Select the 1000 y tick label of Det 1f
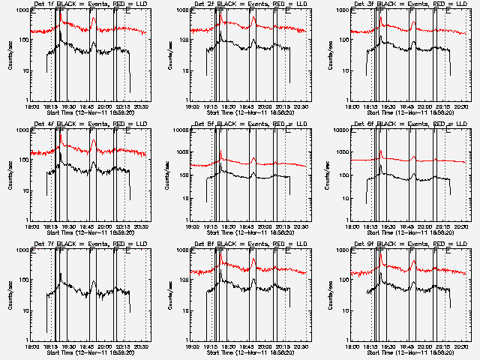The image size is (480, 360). coord(21,11)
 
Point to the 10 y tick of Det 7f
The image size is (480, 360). coord(24,310)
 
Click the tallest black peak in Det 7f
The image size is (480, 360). coord(61,274)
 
